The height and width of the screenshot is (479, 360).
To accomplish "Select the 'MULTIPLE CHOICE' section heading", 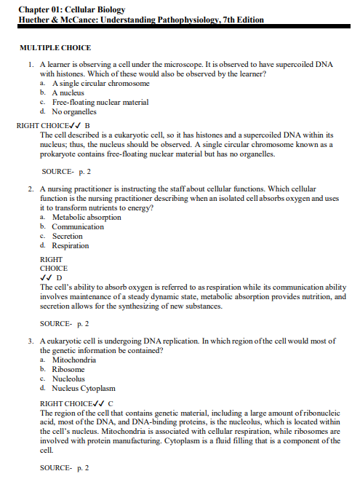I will (x=55, y=47).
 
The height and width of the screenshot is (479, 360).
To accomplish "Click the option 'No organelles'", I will (x=74, y=112).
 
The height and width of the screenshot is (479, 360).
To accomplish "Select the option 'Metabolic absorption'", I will (x=87, y=217).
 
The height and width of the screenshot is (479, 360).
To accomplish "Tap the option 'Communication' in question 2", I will (x=78, y=226).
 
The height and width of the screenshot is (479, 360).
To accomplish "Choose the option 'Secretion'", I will (x=68, y=236).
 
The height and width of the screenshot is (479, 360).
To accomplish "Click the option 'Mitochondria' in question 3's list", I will (x=74, y=360).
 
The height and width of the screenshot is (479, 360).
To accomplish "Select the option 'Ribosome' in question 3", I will (x=68, y=369).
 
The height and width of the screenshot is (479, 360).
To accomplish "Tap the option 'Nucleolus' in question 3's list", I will (x=69, y=379).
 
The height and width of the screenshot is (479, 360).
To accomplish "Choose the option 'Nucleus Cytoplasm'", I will (x=84, y=388).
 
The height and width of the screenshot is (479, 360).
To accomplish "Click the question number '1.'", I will (x=31, y=65).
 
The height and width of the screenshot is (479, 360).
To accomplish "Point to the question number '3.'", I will (x=31, y=341).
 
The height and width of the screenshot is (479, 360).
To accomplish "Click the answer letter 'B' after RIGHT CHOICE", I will (x=87, y=125).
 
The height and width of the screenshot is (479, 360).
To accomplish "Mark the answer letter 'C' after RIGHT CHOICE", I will (x=111, y=403).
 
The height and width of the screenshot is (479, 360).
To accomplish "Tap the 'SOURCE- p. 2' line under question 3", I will (x=64, y=467).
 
